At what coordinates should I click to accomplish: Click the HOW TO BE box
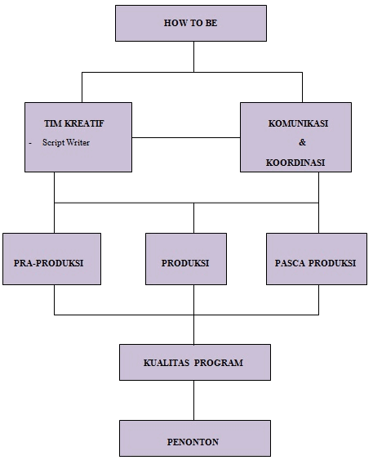(x=191, y=23)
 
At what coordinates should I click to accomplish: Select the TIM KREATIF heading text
(x=73, y=123)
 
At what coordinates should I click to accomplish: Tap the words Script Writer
(x=66, y=142)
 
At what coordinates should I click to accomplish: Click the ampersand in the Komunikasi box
(x=302, y=142)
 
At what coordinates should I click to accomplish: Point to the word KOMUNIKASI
(x=298, y=123)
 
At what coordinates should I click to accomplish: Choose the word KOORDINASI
(x=295, y=163)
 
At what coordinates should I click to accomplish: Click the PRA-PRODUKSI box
(x=52, y=259)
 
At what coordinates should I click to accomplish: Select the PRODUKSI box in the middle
(x=186, y=259)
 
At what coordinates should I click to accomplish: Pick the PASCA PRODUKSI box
(x=317, y=259)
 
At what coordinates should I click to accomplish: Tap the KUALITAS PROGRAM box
(x=195, y=362)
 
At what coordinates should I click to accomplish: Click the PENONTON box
(x=195, y=438)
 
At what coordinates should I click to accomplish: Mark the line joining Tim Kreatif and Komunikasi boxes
(x=186, y=137)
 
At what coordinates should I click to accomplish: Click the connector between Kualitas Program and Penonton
(x=193, y=400)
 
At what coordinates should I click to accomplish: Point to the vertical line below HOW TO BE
(x=193, y=56)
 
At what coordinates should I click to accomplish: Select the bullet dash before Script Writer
(x=30, y=144)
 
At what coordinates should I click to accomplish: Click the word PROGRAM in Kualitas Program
(x=219, y=363)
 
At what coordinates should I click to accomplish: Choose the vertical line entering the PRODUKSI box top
(x=193, y=218)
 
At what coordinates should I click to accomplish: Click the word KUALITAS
(x=167, y=363)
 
